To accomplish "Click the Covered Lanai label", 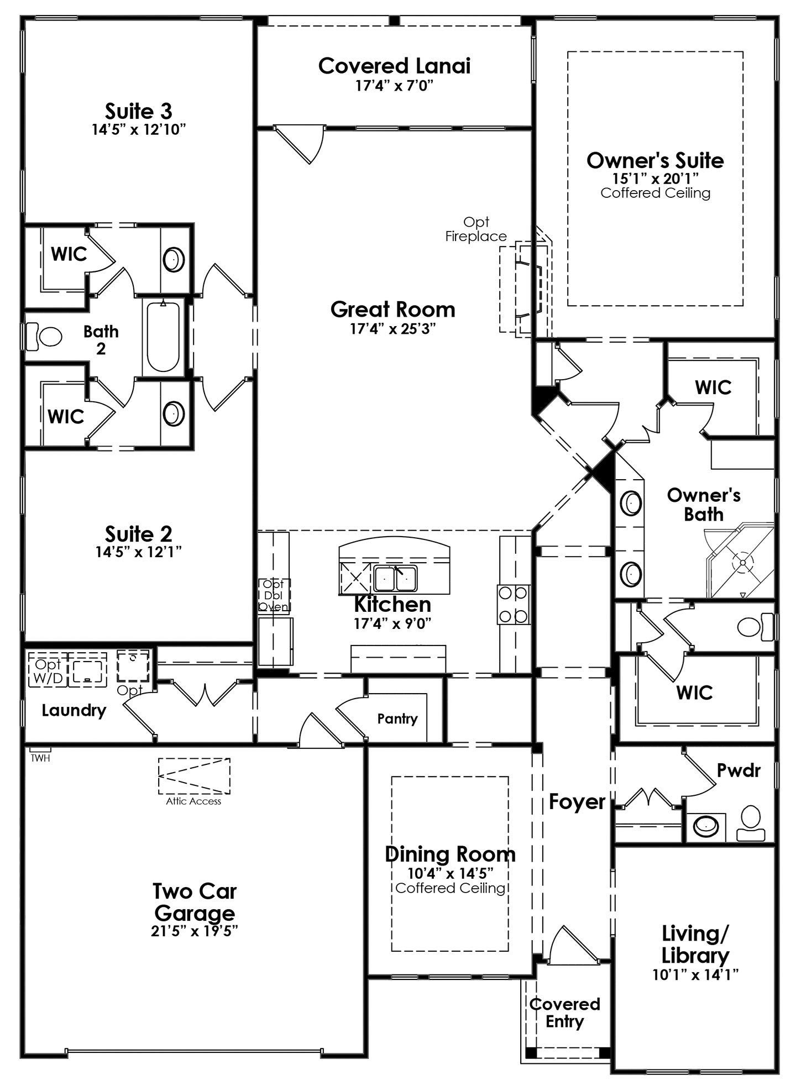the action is [x=394, y=66].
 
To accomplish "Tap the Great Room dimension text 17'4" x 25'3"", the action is [x=393, y=329].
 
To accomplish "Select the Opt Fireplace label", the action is [x=476, y=229].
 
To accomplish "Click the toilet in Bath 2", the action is [x=44, y=336].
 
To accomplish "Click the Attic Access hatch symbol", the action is [x=194, y=776].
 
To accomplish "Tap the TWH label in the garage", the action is [x=40, y=758].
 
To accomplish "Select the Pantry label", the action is [x=397, y=718].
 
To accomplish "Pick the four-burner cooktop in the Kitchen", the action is [x=514, y=605].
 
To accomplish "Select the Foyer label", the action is [x=577, y=801].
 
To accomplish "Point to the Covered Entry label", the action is [x=564, y=1013].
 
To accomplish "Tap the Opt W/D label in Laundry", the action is [x=48, y=670].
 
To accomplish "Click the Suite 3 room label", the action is [x=138, y=111].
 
